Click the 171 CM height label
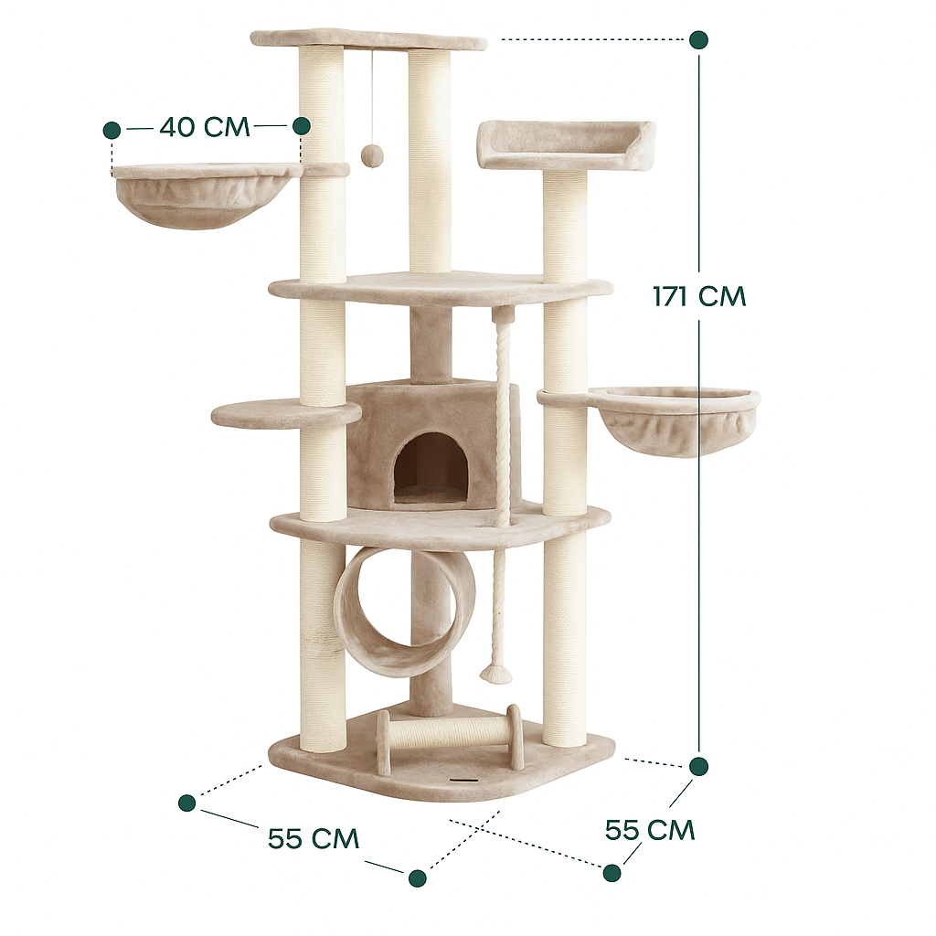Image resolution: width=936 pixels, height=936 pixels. coord(699,296)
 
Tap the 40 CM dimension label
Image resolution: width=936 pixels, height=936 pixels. coord(204,126)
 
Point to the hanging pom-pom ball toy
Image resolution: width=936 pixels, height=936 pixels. coord(371,155)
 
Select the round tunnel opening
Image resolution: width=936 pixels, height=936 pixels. coord(403,611)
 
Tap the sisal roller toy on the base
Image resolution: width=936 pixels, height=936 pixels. coord(449,733)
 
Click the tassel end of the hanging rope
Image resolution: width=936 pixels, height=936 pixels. coord(495,675)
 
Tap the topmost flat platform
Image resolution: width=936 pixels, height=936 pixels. coord(367,39)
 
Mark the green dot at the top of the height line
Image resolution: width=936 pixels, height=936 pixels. coord(698,39)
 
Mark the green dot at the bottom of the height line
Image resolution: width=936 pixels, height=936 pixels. coord(698,766)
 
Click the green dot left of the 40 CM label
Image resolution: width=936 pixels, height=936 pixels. coord(112,130)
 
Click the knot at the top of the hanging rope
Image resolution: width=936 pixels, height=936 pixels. coord(504,315)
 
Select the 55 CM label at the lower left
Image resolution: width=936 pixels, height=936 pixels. coord(313,838)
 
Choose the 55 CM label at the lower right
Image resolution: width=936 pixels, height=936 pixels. coord(650,830)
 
